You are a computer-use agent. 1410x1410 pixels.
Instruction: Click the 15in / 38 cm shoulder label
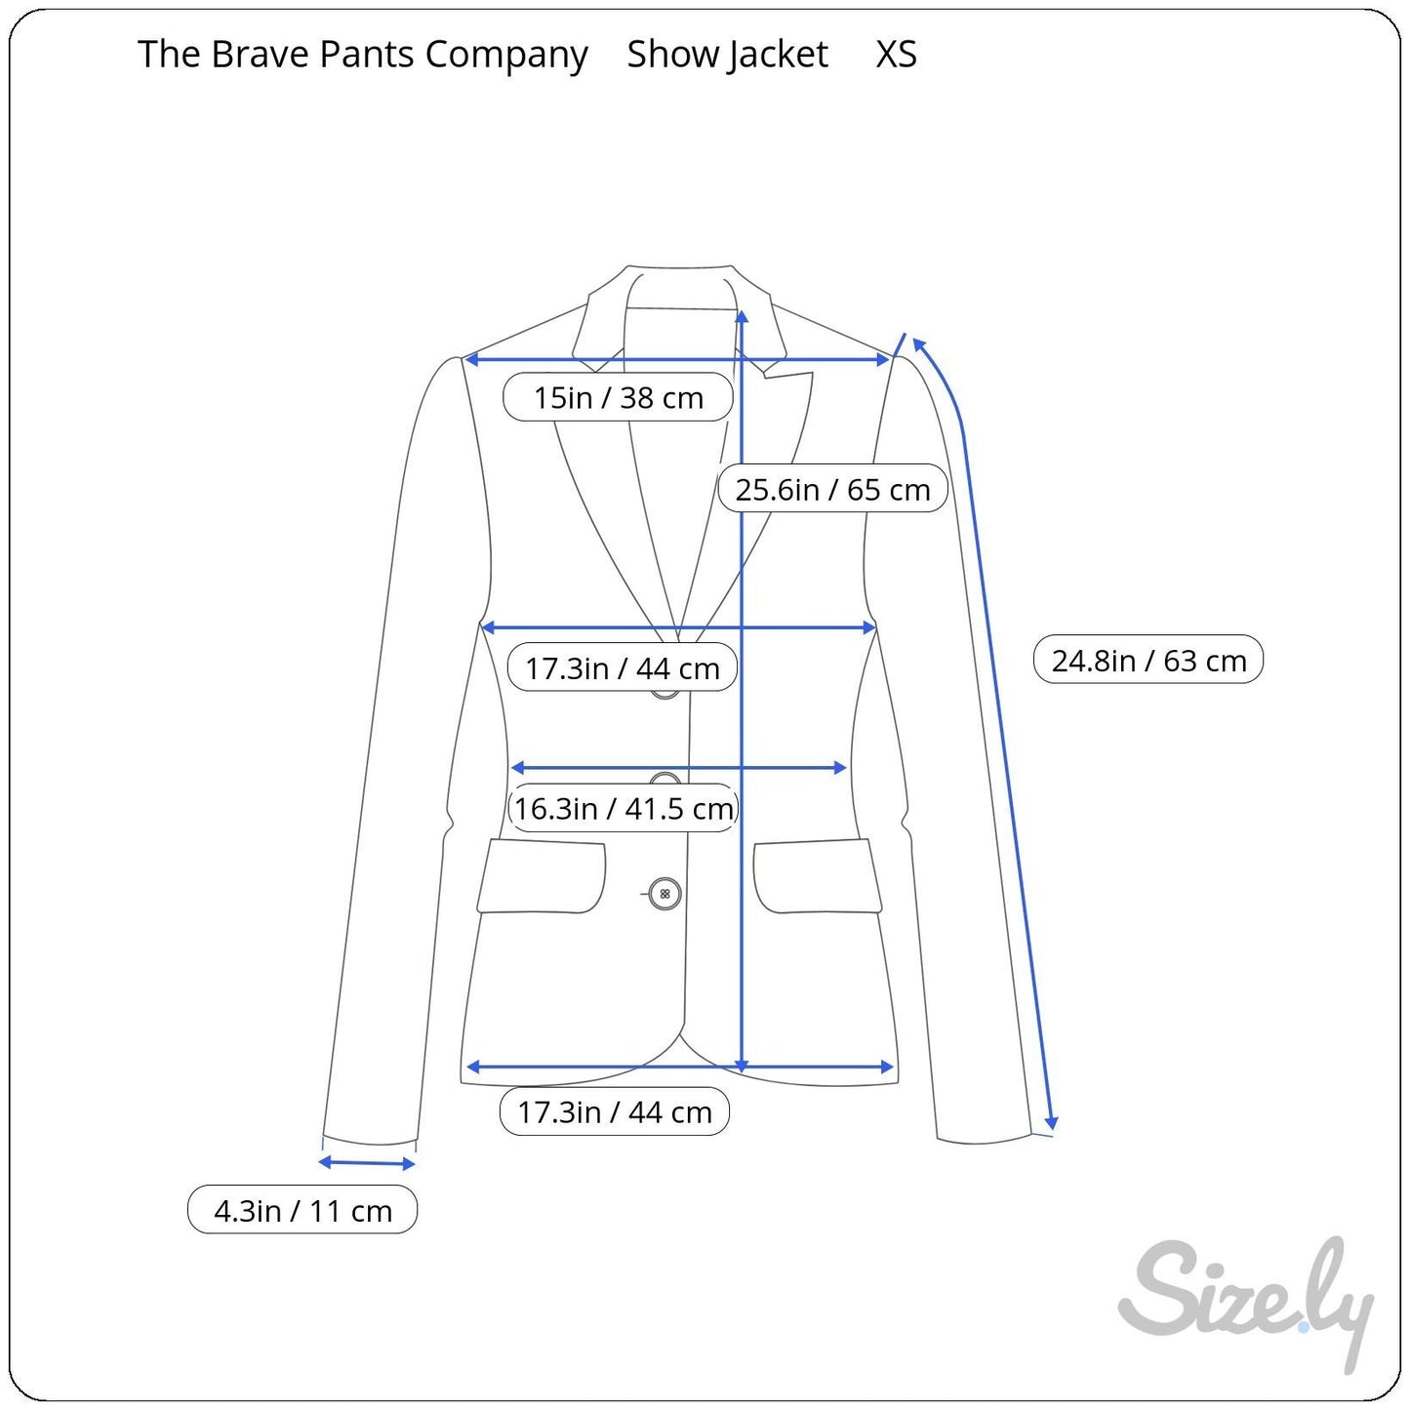pos(618,397)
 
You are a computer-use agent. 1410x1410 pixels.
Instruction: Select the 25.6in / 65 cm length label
pos(832,489)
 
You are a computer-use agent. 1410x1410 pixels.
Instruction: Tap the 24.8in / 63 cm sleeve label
pos(1148,661)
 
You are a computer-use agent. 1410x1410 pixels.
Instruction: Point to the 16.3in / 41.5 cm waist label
pos(624,808)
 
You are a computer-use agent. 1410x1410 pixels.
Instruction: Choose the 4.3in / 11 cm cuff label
pos(302,1211)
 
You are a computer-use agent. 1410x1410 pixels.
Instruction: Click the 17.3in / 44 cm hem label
pos(615,1111)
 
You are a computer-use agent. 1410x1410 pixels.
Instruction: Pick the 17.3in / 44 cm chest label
pos(623,668)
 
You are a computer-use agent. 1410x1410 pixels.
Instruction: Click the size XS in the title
pos(896,55)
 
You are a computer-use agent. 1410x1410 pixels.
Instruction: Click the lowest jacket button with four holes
pos(665,894)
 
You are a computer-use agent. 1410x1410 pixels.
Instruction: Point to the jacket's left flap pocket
pos(542,876)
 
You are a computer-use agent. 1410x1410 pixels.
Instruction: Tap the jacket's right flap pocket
pos(817,876)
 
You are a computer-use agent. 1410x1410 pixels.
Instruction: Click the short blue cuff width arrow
pos(367,1162)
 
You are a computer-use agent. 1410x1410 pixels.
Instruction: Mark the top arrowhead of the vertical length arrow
pos(743,315)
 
